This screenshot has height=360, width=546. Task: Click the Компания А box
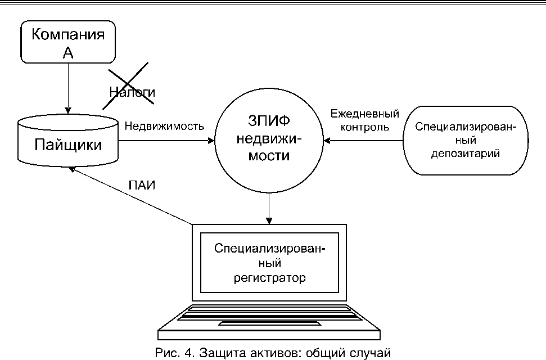click(x=68, y=42)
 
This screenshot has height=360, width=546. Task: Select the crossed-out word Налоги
click(x=132, y=91)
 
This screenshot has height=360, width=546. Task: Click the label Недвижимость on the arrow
click(x=164, y=125)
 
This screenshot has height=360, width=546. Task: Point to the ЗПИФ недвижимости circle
click(x=270, y=141)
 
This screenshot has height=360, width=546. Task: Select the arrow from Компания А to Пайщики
click(x=68, y=87)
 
